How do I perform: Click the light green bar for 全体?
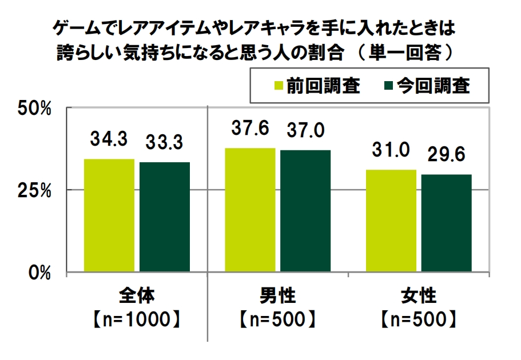109,215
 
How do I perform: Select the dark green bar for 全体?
165,217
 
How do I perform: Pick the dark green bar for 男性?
305,211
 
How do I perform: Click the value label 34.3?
109,138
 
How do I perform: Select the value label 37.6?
250,128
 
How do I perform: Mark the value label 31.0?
391,150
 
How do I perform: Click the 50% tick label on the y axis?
38,107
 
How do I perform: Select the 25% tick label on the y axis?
38,190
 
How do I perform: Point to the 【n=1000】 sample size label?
137,319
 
